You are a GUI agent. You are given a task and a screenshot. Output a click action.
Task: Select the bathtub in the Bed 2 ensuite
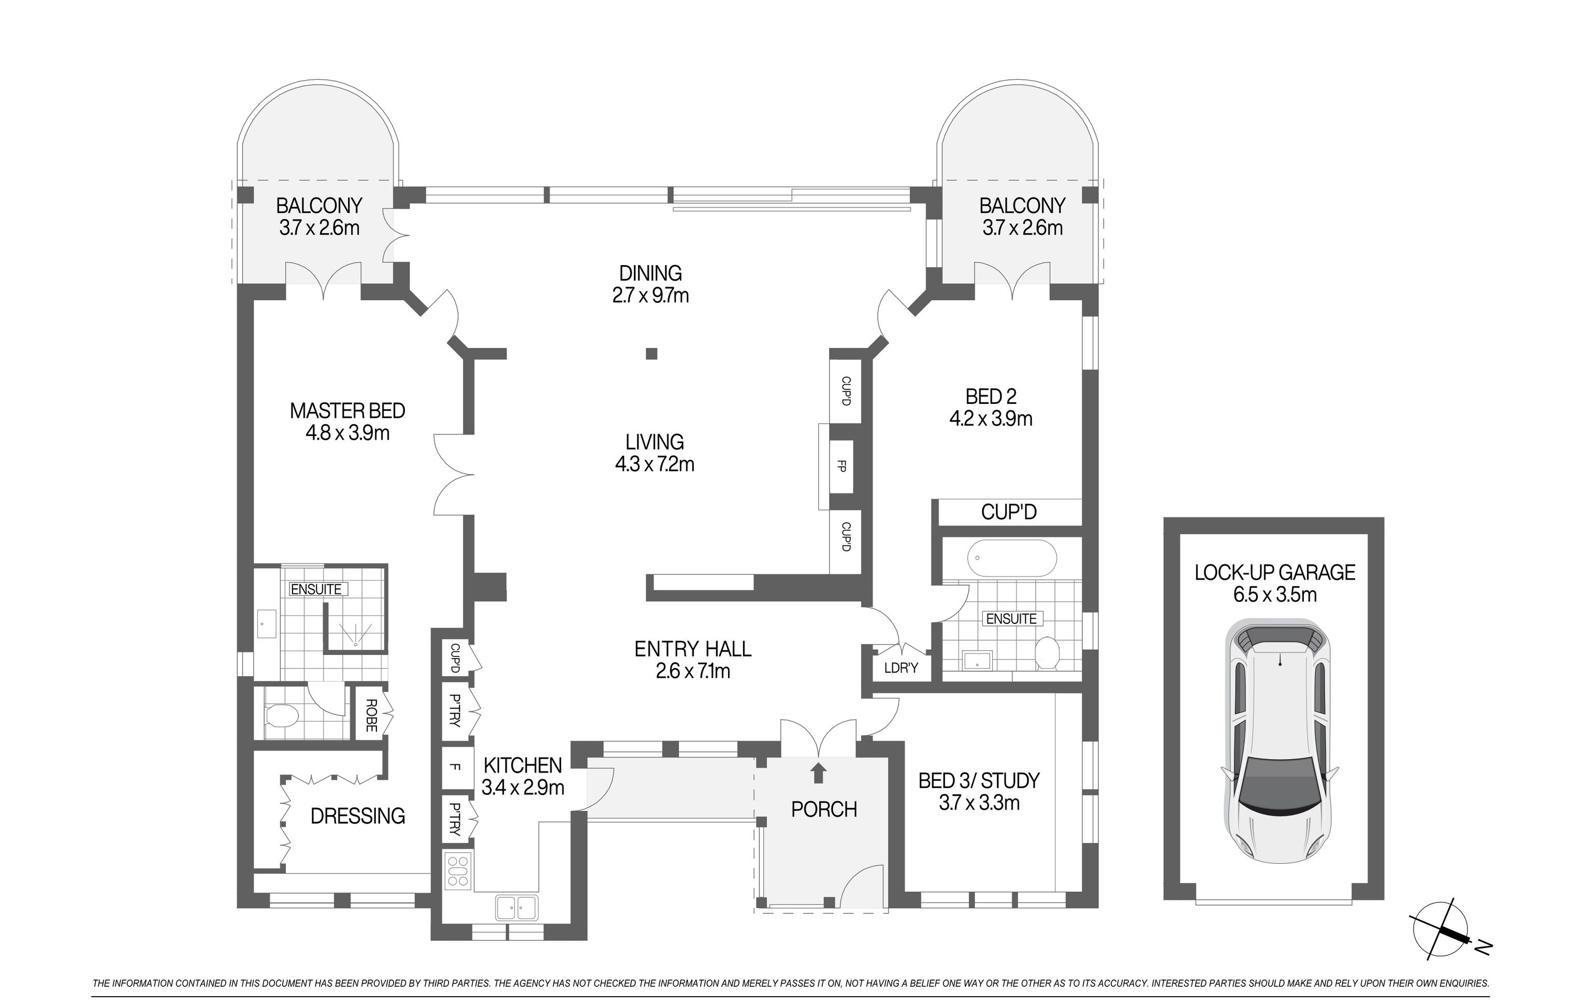[1012, 558]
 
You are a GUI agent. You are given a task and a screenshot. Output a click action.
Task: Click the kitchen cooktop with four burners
[457, 870]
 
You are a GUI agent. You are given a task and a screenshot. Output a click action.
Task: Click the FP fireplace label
[841, 467]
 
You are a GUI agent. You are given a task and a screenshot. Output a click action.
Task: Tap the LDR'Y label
[901, 668]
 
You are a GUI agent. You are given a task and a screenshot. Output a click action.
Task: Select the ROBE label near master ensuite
[371, 716]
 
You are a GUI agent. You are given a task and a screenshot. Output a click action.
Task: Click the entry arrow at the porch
[818, 773]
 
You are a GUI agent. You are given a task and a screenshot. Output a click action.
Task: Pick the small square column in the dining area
[651, 354]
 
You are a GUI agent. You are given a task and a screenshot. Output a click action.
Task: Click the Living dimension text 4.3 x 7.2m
[655, 464]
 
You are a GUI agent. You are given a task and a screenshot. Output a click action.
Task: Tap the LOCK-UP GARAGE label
[1274, 573]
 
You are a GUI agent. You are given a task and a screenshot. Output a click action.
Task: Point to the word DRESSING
[357, 816]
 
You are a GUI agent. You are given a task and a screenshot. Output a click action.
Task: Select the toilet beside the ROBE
[283, 716]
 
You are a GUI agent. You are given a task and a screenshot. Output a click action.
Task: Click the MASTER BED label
[347, 411]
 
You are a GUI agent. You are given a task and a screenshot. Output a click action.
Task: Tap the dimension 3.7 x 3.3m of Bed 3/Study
[979, 803]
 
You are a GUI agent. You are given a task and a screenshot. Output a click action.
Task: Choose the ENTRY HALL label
[692, 649]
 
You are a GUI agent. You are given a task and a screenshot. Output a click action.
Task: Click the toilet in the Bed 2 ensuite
[1047, 653]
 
